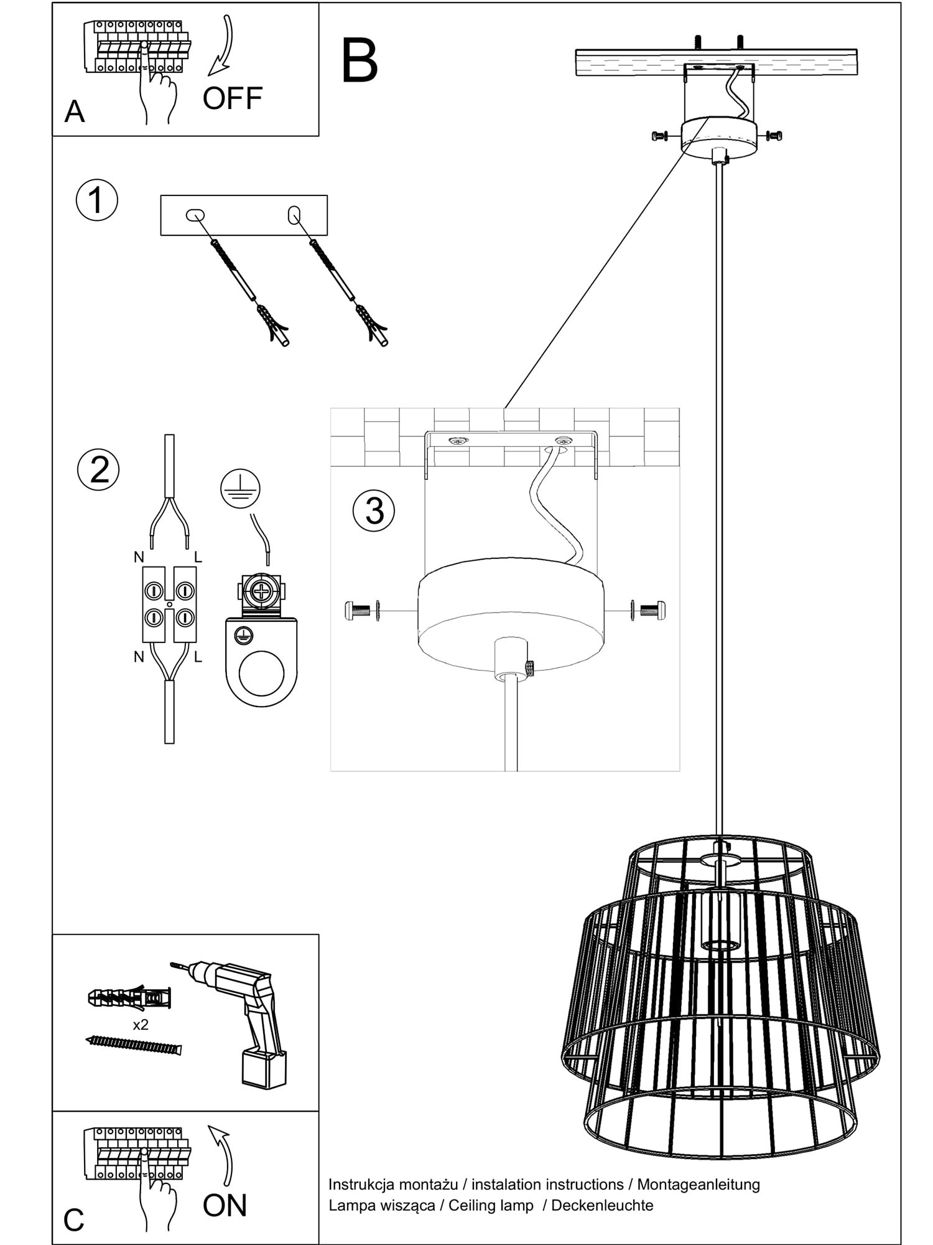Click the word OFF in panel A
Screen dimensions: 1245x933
tap(232, 98)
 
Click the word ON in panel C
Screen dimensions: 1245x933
tap(225, 1205)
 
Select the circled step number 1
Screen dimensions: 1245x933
tap(96, 200)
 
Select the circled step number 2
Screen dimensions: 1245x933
tap(99, 469)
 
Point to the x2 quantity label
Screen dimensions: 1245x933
tap(141, 1024)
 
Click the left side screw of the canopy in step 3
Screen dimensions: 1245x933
tap(359, 611)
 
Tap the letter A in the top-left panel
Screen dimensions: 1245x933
tap(75, 112)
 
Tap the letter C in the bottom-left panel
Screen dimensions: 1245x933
tap(73, 1220)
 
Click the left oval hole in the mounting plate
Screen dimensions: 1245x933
tap(195, 215)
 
